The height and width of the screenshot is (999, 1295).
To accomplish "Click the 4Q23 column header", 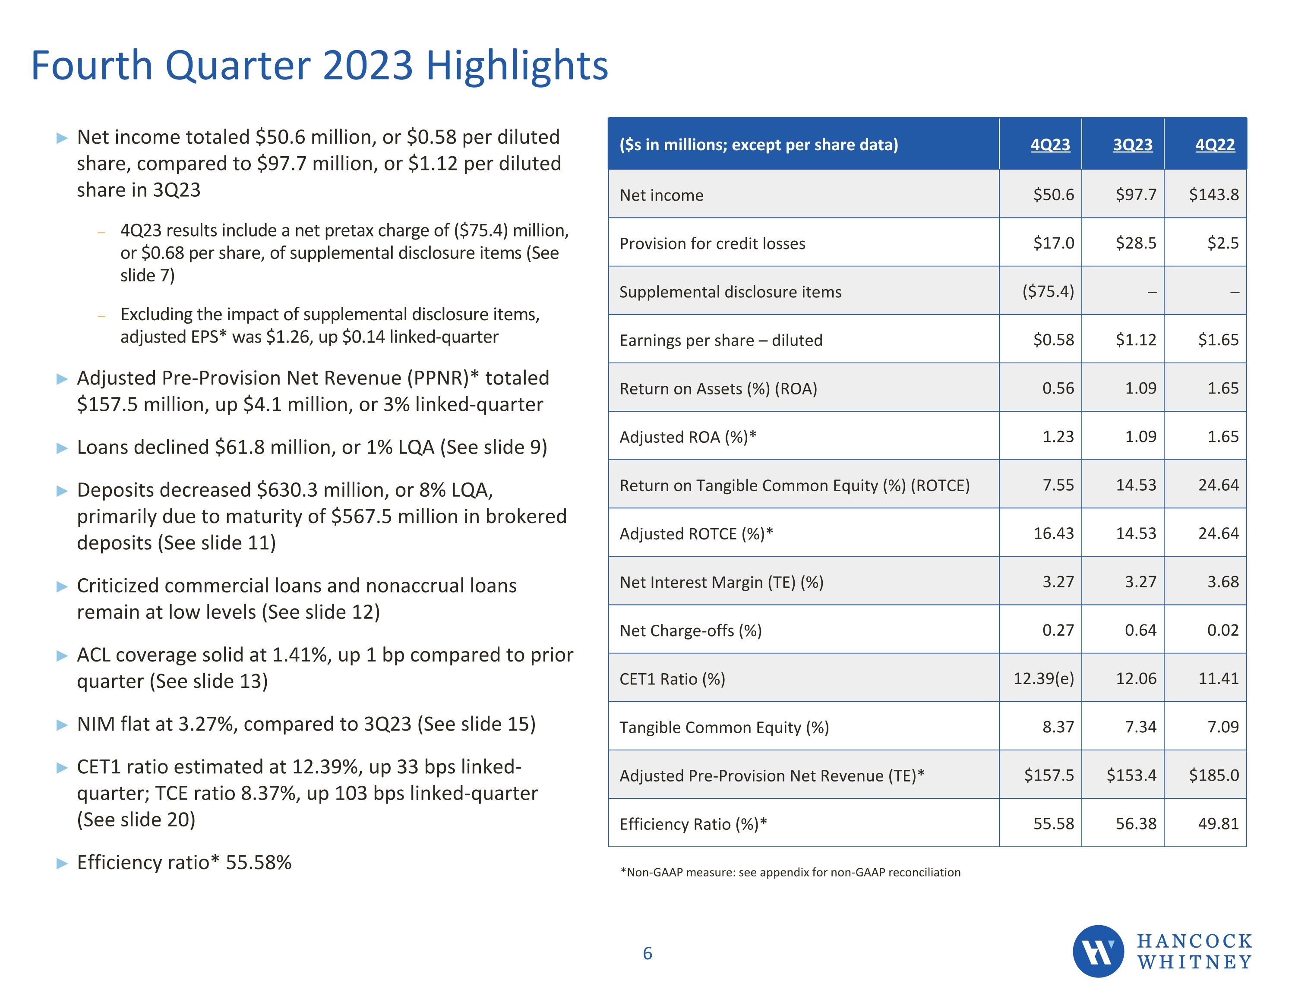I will coord(1050,145).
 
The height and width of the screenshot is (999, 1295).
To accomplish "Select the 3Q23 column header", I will coord(1133,145).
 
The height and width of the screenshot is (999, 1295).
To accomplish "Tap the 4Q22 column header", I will coord(1215,145).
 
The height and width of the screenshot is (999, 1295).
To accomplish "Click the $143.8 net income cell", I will coord(1213,195).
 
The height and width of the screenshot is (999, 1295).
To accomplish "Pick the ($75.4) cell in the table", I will coord(1048,291).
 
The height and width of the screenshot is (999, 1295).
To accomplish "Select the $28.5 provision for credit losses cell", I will coord(1135,243).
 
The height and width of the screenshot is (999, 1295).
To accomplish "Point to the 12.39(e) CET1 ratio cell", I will coord(1044,678).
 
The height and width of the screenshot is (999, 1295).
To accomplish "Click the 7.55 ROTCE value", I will coord(1058,485).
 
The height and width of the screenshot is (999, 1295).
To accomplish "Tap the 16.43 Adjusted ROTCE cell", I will coord(1053,533).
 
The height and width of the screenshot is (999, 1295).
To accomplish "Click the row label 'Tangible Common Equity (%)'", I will coord(724,728).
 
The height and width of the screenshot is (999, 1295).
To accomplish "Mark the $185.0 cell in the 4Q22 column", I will coord(1213,775).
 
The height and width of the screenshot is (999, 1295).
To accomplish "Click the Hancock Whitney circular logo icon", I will coord(1098,951).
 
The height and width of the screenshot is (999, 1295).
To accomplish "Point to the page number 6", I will coord(647,953).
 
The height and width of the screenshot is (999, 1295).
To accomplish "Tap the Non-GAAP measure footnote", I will coord(790,872).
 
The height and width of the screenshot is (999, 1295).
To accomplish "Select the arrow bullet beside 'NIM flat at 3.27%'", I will coord(62,725).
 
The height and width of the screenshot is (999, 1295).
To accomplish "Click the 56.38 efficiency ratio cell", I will coord(1135,823).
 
